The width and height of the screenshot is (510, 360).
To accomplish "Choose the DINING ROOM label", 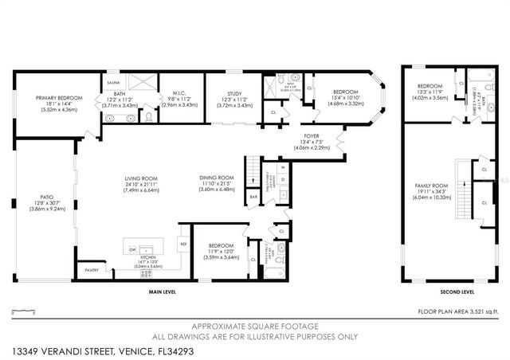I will coord(216,177).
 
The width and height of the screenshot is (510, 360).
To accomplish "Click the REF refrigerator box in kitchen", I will coord(182,245).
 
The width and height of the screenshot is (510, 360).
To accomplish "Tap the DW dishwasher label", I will coord(132,249).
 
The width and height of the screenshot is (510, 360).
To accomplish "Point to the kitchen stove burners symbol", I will coord(146,273).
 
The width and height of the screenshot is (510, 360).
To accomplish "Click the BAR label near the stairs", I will coord(253,196).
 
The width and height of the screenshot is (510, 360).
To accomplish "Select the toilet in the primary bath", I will coord(147,117).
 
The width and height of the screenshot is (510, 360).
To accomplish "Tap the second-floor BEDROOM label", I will coord(430,86).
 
